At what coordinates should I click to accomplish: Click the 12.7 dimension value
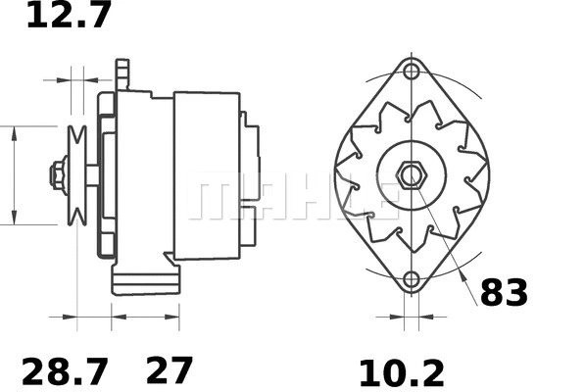[69, 16]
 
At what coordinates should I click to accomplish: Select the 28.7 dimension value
[66, 371]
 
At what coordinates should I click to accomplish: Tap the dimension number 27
[169, 371]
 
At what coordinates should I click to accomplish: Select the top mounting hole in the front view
[412, 73]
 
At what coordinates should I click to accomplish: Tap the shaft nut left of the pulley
[58, 176]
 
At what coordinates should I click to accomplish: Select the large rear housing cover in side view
[207, 176]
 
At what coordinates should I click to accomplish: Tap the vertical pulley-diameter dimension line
[15, 176]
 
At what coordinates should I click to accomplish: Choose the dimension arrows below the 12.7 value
[77, 76]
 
